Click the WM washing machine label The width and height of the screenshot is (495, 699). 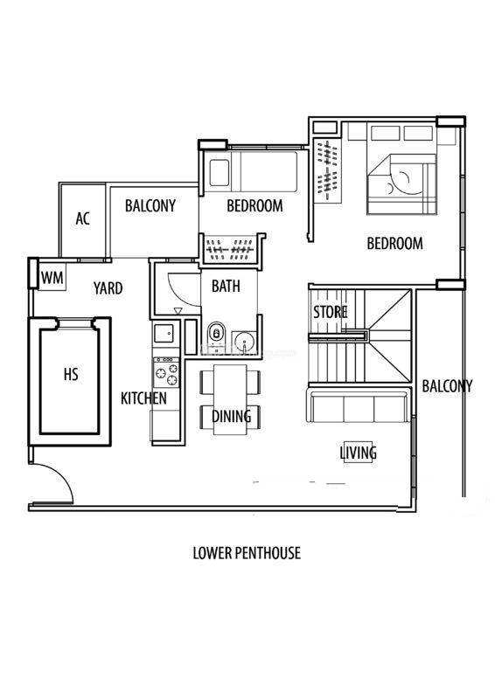point(52,278)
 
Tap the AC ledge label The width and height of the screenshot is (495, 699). point(82,218)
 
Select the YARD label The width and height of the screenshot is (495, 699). point(108,288)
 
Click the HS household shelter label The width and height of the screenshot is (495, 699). point(71,374)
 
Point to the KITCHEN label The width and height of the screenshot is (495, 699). point(143,398)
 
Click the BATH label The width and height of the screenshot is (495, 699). point(226,286)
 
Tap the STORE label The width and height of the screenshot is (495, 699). point(330,312)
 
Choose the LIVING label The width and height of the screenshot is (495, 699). point(359,453)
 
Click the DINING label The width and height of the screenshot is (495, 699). point(231,417)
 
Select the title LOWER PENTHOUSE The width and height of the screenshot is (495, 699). point(247,553)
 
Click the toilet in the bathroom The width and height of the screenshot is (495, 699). point(217,334)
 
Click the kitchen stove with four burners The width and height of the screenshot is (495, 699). point(166,373)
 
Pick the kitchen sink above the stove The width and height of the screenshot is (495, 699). point(164,334)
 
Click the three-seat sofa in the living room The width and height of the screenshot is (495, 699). point(357,405)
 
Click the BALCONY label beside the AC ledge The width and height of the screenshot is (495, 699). point(150,205)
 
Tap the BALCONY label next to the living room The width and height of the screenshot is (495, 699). point(447,386)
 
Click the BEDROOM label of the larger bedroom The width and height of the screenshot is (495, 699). point(394,244)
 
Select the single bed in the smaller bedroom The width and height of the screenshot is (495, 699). point(253,172)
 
